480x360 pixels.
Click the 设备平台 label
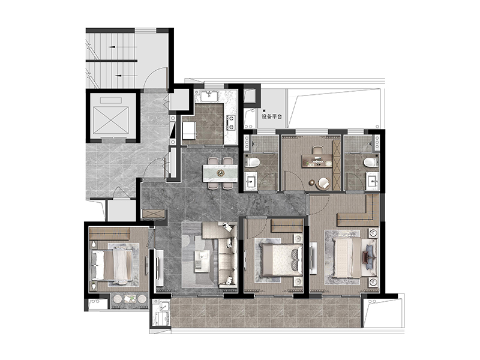272,116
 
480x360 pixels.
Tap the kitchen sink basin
209,95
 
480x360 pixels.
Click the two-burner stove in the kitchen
230,122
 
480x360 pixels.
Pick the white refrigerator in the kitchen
189,130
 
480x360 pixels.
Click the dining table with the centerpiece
220,173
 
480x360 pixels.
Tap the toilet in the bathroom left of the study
253,162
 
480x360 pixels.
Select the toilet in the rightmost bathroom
371,162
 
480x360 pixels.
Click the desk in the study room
317,161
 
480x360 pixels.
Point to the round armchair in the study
323,184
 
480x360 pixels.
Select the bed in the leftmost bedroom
112,265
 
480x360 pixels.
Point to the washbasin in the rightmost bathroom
373,181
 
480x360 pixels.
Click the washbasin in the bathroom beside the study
251,181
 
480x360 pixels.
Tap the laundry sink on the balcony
164,306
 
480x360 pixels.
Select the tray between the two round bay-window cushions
129,298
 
